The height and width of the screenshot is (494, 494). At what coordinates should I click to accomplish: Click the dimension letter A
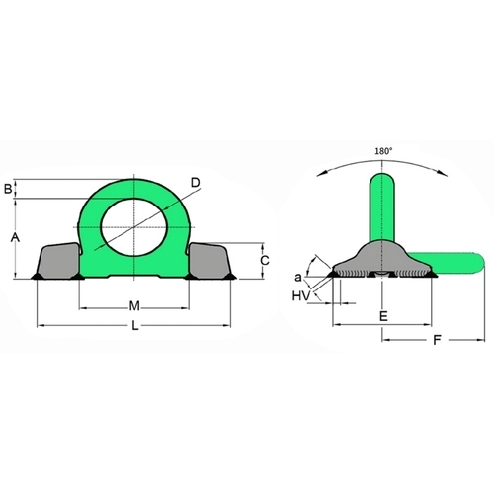15,237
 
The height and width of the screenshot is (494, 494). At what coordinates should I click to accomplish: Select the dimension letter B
8,189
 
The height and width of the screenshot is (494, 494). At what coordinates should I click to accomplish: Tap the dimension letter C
265,261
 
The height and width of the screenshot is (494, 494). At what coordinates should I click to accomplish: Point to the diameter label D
196,182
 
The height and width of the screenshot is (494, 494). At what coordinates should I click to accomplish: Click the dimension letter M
134,306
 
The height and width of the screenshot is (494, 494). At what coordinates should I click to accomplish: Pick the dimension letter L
135,326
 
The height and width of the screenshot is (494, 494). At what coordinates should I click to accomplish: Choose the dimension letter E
383,316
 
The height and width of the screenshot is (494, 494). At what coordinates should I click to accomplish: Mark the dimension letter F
437,340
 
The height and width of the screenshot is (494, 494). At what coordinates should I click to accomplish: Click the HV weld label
301,296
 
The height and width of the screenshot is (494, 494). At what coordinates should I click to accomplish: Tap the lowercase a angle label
298,278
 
